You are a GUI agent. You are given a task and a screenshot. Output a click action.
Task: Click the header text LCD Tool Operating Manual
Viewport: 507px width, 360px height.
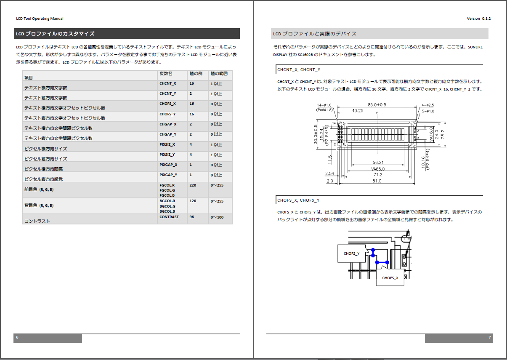(40, 19)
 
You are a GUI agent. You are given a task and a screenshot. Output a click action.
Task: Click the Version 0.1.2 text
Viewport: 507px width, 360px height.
(479, 19)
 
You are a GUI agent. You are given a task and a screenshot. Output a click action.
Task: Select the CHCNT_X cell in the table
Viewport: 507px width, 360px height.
(168, 83)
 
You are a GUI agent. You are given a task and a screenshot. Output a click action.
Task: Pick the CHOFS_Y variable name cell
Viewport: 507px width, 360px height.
(167, 114)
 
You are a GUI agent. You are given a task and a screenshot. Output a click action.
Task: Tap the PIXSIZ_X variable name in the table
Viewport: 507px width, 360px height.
(167, 144)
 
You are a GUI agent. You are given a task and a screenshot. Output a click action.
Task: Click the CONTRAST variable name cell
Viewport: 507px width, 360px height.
(169, 217)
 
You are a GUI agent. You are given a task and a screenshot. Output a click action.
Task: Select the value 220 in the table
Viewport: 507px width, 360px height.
(193, 185)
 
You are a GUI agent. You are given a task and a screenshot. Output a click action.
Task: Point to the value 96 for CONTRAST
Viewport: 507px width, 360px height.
(192, 217)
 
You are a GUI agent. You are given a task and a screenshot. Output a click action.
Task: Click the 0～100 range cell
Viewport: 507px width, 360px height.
(217, 217)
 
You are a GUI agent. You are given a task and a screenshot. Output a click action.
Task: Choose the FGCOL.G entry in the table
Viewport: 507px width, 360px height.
(167, 190)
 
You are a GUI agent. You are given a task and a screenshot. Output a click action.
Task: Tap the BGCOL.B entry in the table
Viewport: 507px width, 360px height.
(167, 211)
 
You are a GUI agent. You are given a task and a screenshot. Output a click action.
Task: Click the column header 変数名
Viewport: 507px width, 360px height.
(166, 73)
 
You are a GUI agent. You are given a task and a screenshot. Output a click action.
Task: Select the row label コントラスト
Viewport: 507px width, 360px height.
(37, 221)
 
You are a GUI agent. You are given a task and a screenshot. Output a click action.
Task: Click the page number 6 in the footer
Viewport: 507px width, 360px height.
(17, 338)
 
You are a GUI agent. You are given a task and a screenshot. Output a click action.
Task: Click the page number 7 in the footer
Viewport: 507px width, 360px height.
(489, 338)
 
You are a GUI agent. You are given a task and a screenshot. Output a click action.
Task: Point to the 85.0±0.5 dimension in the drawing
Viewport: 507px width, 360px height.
(377, 104)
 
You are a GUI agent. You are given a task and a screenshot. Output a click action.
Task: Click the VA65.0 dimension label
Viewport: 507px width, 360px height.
(377, 169)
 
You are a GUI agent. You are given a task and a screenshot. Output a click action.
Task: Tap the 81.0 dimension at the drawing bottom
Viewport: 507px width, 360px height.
(377, 181)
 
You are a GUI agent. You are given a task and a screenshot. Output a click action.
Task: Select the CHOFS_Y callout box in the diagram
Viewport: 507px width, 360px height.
(351, 253)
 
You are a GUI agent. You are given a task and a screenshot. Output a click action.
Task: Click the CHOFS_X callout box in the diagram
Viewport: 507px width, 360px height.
(390, 278)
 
